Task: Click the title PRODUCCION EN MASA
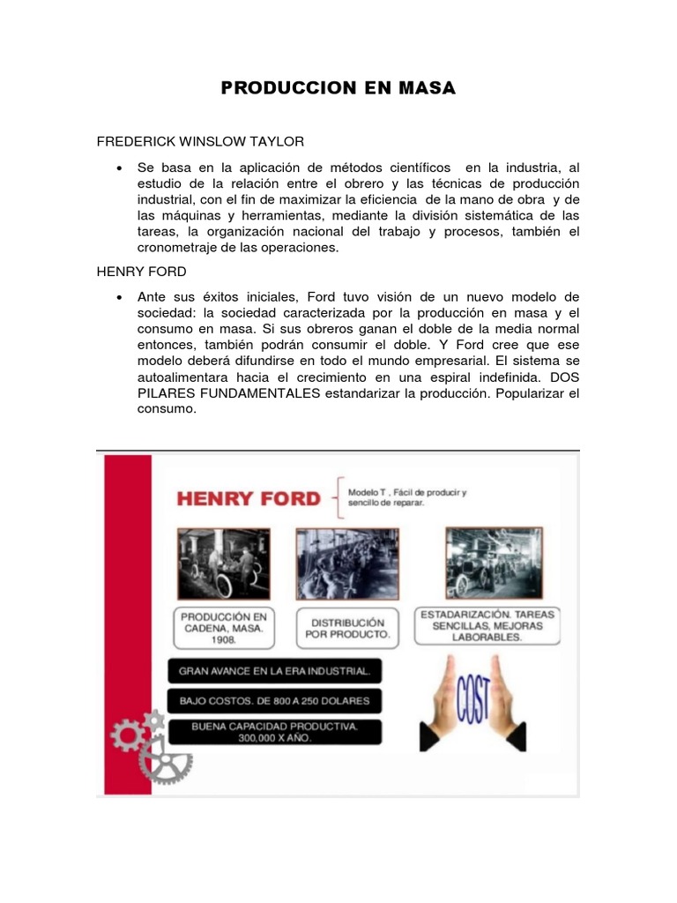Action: click(x=338, y=88)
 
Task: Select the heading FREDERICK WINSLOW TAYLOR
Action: click(x=200, y=141)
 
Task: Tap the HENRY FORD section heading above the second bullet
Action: click(x=141, y=272)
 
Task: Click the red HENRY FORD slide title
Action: click(x=249, y=498)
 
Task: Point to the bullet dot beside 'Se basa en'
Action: click(x=118, y=168)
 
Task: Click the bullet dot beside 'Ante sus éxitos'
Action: click(x=118, y=298)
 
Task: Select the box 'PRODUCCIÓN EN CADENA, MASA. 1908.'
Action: click(x=223, y=627)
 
